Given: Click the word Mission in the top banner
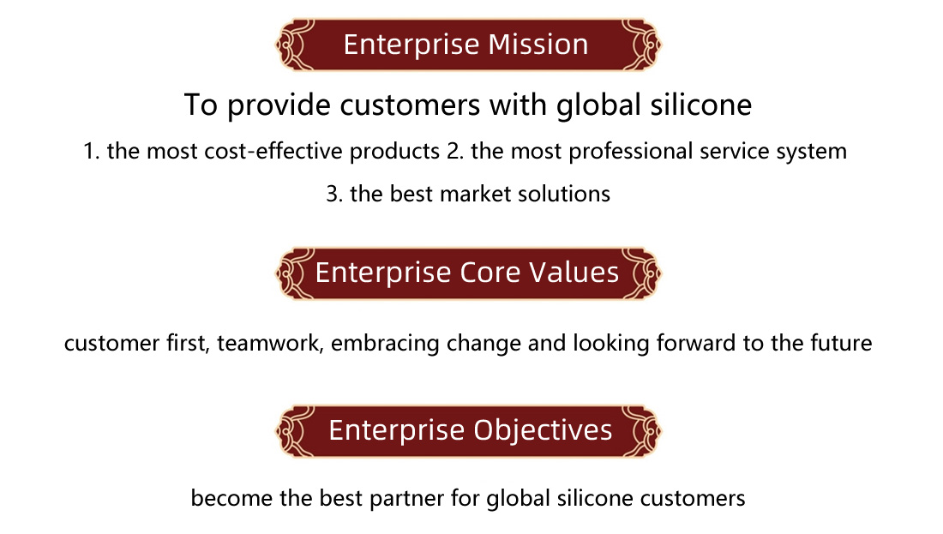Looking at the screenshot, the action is pyautogui.click(x=538, y=45).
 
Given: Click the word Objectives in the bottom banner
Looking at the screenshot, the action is pyautogui.click(x=543, y=431).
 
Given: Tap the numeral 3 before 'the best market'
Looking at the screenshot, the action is pyautogui.click(x=332, y=195).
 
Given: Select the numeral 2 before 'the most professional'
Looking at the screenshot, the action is pyautogui.click(x=453, y=152).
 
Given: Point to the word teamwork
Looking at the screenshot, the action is pyautogui.click(x=270, y=344).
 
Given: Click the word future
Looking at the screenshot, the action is pyautogui.click(x=841, y=344).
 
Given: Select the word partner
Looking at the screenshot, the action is pyautogui.click(x=407, y=500).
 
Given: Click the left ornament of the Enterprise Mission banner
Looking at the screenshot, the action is pyautogui.click(x=295, y=45).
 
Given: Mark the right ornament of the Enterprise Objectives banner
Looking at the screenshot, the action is pyautogui.click(x=642, y=431).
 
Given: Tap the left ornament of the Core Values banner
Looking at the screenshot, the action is pyautogui.click(x=295, y=273).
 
